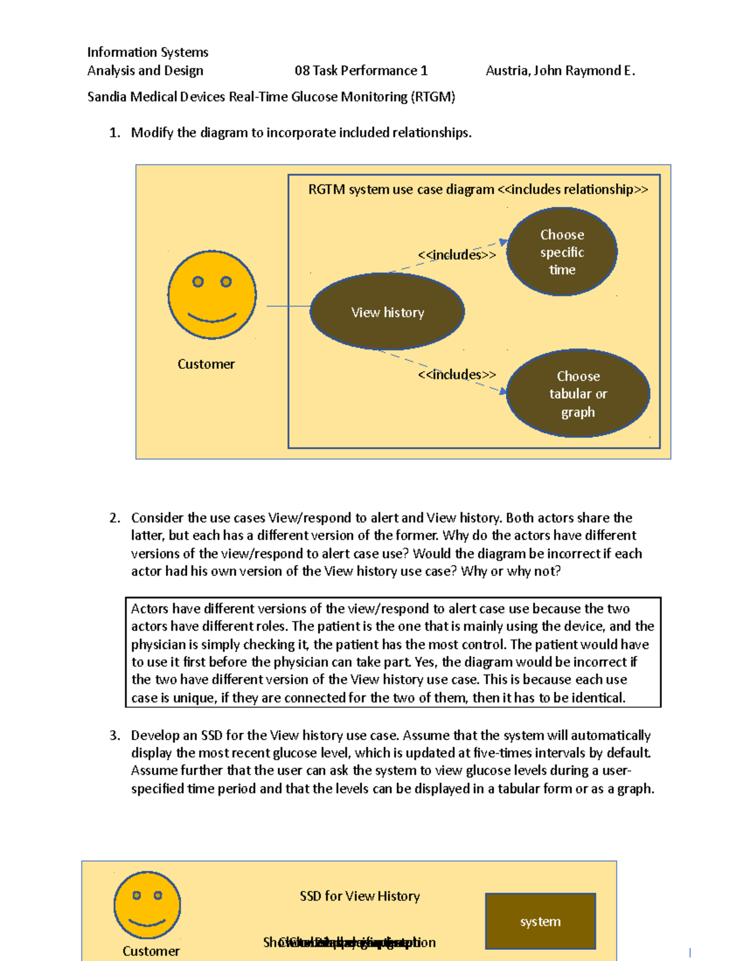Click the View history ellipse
387,312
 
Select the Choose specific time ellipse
562,252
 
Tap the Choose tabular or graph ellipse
578,394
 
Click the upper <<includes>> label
456,255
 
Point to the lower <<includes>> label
456,374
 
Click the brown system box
540,921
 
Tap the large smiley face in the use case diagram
212,295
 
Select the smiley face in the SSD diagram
147,905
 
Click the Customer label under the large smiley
206,364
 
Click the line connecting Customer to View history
289,306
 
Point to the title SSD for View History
359,896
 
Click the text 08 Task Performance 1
361,71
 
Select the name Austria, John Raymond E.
560,71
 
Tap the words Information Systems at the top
147,52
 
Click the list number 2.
114,518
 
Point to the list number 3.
114,735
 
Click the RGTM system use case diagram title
477,189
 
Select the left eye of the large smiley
198,282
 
